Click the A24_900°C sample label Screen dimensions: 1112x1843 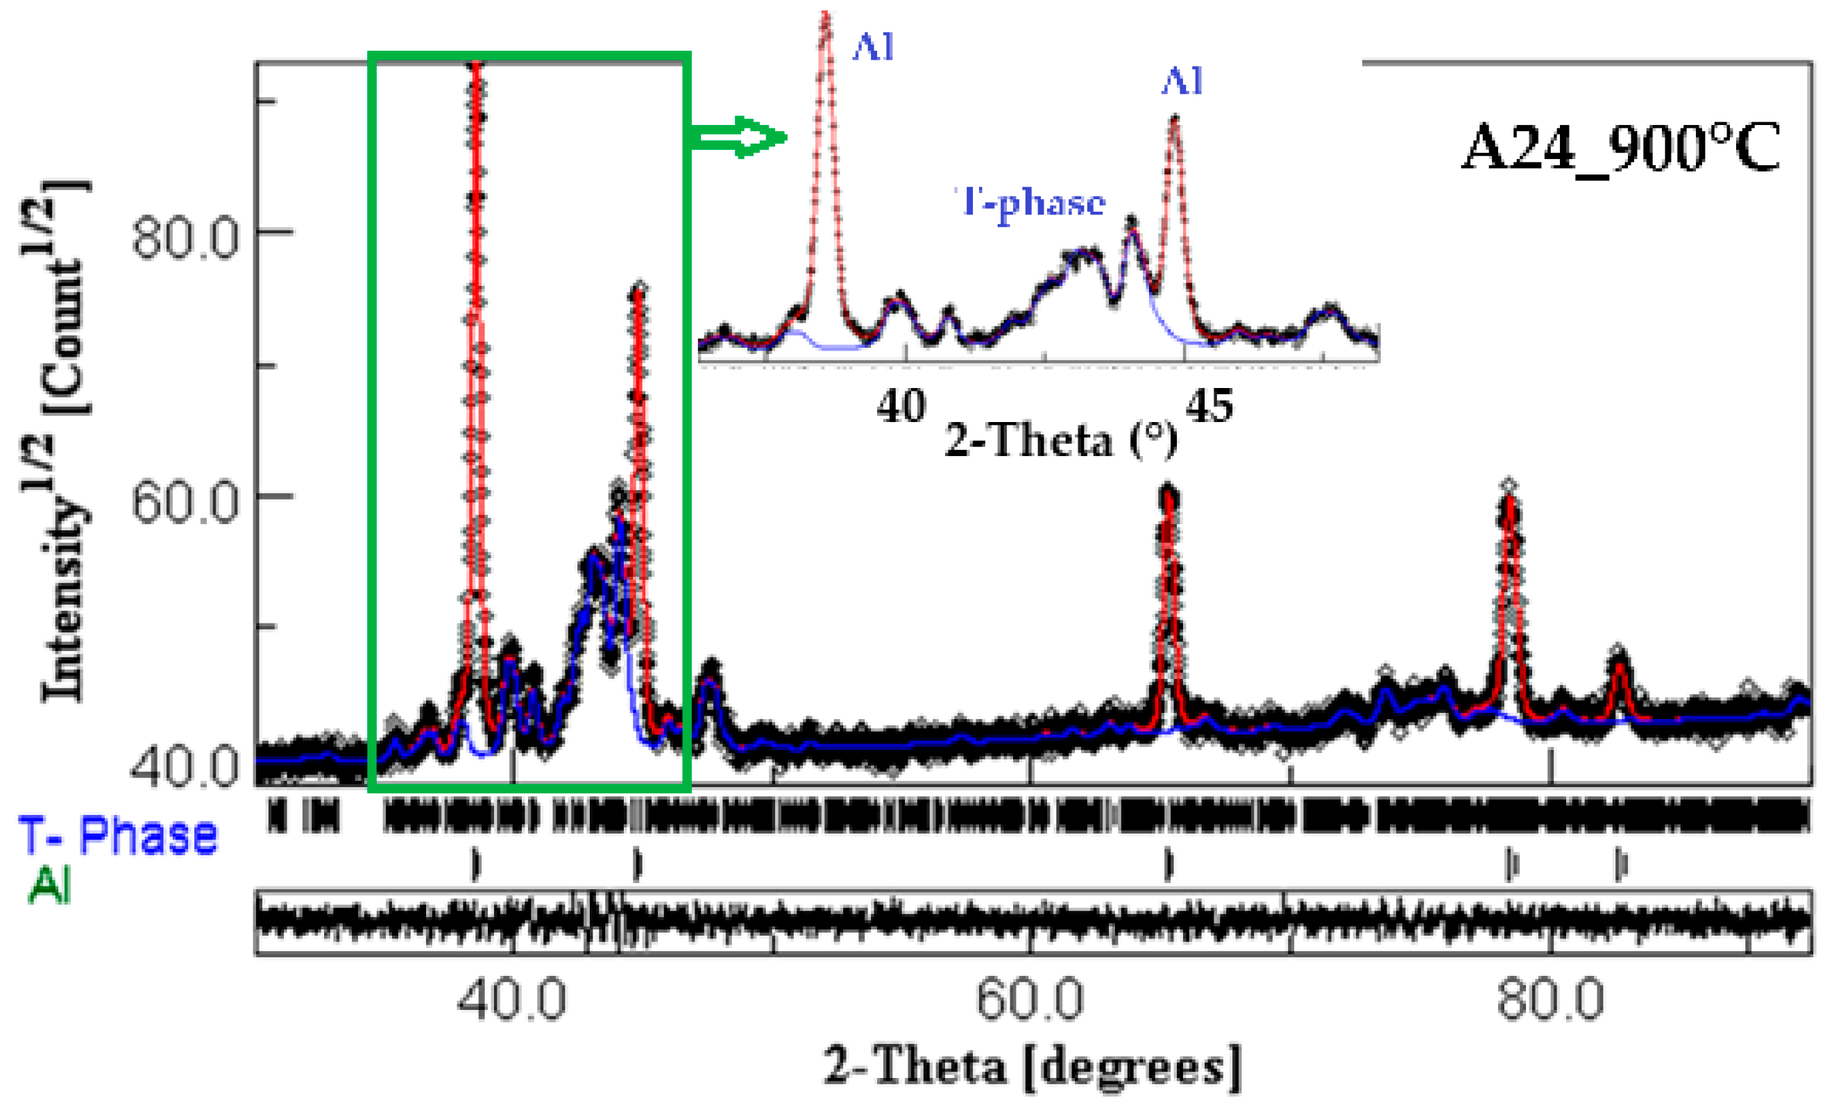pos(1620,149)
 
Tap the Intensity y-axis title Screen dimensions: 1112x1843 pos(56,441)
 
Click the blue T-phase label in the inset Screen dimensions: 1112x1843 pos(1030,202)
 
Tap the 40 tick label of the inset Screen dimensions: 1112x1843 pos(901,406)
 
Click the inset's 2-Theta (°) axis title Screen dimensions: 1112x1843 pos(1060,440)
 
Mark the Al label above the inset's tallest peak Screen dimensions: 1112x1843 pos(873,48)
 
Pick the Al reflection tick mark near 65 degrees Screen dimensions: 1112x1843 pos(1169,865)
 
